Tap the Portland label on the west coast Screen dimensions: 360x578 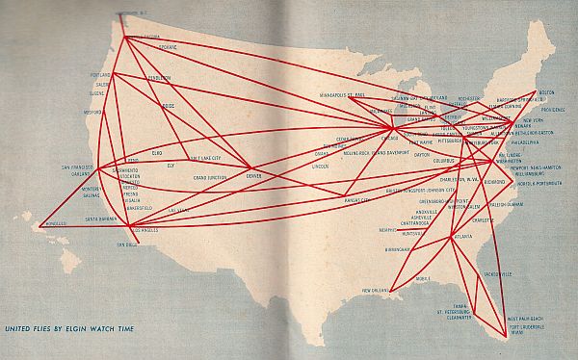click(x=100, y=74)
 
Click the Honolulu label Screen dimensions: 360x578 click(x=52, y=228)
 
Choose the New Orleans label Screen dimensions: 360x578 click(x=380, y=290)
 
